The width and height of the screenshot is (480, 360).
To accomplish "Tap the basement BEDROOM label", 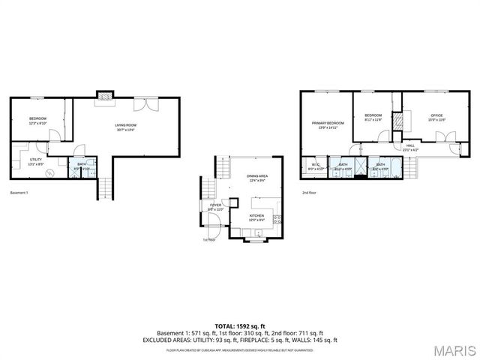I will point(38,120).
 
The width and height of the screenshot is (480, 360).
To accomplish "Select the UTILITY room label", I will point(35,160).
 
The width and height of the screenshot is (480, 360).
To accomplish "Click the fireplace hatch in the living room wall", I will point(106,95).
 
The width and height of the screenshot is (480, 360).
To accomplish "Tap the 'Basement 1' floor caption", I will point(19,193).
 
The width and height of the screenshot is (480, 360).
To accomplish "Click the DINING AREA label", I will point(257,178).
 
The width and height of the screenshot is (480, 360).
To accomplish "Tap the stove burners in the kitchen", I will point(277,220).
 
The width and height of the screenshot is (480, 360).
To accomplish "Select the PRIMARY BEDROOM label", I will point(328,124).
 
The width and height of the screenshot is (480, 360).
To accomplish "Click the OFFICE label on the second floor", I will point(436,117).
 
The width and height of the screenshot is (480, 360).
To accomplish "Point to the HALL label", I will point(410,147).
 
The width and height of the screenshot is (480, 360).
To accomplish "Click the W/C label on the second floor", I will point(315,166).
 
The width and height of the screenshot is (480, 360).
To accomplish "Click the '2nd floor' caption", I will point(309,193).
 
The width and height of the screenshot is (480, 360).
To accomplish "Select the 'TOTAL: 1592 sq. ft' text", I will point(239,326).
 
